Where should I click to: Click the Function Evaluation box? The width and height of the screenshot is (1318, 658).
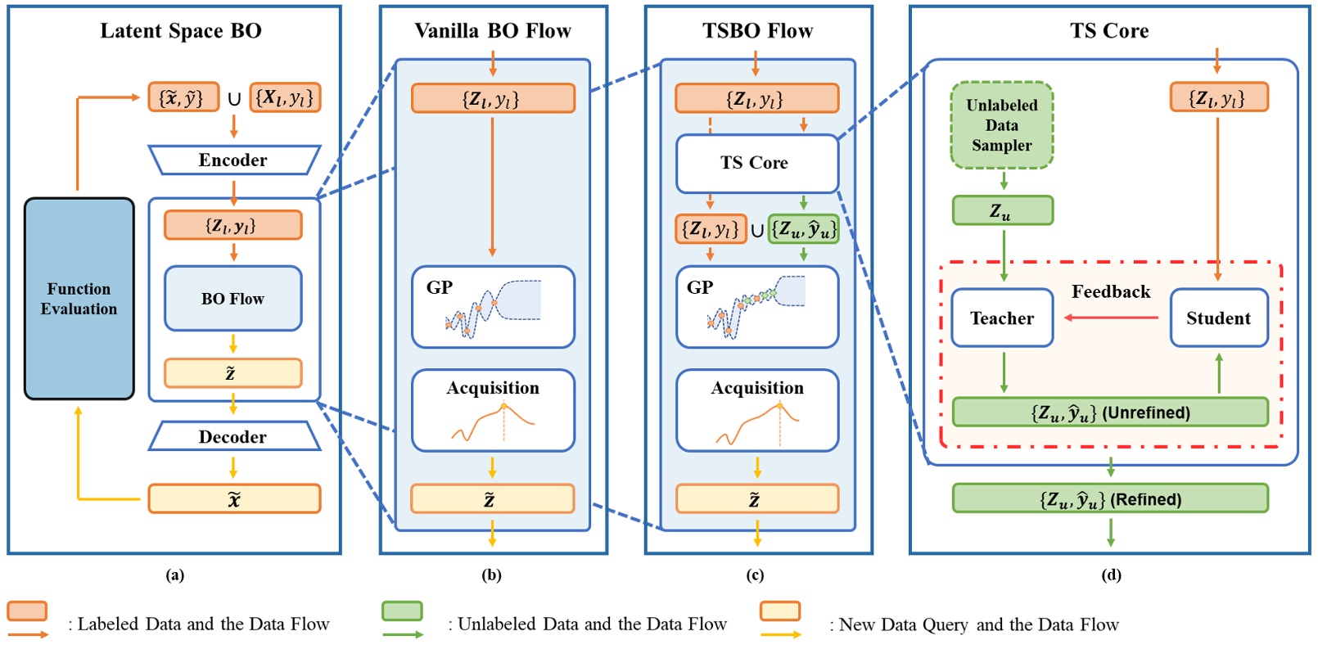click(x=79, y=299)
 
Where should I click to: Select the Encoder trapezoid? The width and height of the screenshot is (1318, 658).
click(x=233, y=160)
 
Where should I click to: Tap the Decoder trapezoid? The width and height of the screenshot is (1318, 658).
click(x=233, y=437)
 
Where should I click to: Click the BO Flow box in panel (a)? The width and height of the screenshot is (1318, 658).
click(x=233, y=299)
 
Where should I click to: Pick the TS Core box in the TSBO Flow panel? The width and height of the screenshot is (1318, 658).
click(x=756, y=163)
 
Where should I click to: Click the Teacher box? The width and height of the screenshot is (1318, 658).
click(x=1002, y=318)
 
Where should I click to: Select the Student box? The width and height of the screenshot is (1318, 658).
click(x=1218, y=318)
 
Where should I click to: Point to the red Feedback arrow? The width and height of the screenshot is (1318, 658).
click(x=1111, y=318)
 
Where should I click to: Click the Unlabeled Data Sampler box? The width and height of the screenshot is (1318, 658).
click(x=1002, y=125)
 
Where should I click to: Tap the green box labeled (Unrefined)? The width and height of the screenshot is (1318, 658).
click(x=1110, y=412)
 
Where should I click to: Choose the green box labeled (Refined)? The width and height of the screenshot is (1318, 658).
click(x=1110, y=499)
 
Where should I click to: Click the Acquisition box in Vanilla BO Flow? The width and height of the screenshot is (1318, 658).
click(x=493, y=410)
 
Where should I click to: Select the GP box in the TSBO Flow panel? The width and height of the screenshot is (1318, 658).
click(x=756, y=307)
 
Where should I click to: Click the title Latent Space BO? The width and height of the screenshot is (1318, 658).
click(x=181, y=31)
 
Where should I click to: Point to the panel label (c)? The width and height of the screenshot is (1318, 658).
click(x=755, y=575)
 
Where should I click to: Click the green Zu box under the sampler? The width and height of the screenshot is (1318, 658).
click(x=1002, y=211)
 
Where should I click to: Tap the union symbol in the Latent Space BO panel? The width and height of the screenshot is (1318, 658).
click(x=234, y=99)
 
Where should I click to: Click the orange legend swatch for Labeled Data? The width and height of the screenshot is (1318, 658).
click(x=27, y=611)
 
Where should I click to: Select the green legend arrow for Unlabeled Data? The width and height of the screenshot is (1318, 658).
click(x=403, y=634)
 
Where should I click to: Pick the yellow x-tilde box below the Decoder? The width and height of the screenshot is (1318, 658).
click(x=234, y=499)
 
